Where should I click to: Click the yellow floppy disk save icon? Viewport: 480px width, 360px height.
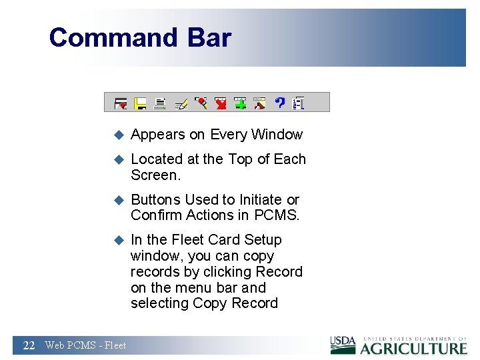(141, 103)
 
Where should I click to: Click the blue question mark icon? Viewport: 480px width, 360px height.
(280, 103)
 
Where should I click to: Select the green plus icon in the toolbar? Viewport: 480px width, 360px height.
(241, 103)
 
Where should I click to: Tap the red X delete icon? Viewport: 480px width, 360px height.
(221, 103)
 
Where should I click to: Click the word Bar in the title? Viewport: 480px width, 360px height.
(209, 37)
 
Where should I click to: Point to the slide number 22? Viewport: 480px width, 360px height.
(29, 345)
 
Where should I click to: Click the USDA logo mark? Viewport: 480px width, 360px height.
(343, 343)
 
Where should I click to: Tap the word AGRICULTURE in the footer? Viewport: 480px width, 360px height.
(414, 348)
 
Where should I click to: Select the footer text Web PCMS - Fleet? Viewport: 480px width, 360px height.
(85, 345)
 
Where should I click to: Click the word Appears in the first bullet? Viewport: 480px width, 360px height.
(158, 135)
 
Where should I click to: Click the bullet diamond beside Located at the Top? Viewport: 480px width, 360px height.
(119, 159)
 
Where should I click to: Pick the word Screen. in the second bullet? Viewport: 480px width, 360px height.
(156, 175)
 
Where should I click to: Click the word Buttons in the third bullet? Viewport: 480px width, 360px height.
(156, 200)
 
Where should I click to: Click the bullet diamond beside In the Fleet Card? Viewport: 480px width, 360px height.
(119, 240)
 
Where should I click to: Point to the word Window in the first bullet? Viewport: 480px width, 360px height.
(276, 135)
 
